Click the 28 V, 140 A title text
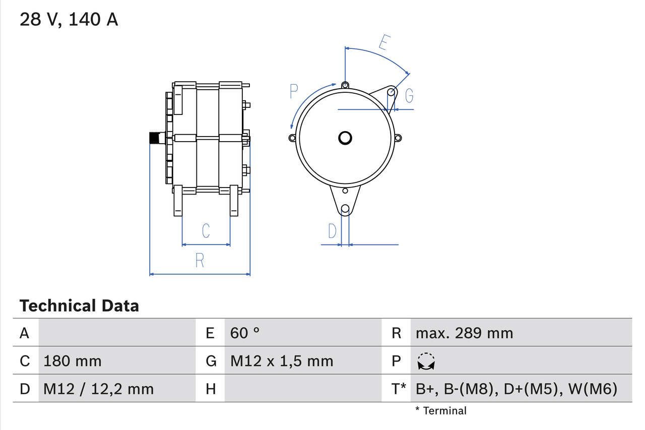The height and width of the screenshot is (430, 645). [x=69, y=20]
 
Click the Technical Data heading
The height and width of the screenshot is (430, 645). [x=79, y=305]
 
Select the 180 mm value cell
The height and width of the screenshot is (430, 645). [x=73, y=361]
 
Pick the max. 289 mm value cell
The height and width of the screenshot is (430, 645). [x=464, y=333]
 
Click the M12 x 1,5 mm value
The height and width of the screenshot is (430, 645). [x=282, y=361]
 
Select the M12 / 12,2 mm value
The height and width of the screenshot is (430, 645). [x=98, y=389]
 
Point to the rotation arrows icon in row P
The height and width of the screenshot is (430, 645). [x=426, y=361]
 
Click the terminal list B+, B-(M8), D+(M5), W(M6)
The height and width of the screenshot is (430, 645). [x=517, y=389]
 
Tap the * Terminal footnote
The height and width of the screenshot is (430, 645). [x=441, y=410]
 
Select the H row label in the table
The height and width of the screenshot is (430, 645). [x=211, y=389]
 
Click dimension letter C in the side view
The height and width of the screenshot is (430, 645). [x=206, y=231]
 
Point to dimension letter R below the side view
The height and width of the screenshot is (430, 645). [x=200, y=261]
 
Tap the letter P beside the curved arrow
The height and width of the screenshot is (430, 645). [x=294, y=92]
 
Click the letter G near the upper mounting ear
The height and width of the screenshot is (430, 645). [x=409, y=95]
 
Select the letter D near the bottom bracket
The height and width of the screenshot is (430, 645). [x=332, y=231]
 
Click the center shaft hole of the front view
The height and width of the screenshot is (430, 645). [x=345, y=138]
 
